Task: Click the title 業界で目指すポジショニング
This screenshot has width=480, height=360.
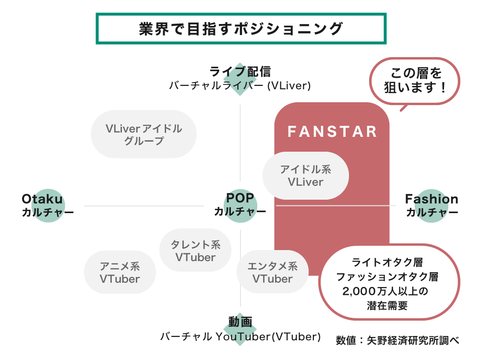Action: [x=241, y=29]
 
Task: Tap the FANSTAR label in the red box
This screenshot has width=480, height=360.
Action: [x=332, y=132]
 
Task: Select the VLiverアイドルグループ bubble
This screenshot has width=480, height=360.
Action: [x=144, y=134]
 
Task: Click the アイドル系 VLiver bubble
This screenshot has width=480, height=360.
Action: [x=306, y=176]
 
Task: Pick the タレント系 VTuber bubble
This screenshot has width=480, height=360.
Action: [x=195, y=251]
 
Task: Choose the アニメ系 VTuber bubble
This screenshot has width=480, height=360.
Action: [x=120, y=272]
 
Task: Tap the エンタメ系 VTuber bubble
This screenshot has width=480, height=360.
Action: [x=272, y=272]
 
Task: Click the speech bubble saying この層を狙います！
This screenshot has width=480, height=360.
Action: [x=416, y=80]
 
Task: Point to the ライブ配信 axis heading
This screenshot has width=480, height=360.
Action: [x=240, y=72]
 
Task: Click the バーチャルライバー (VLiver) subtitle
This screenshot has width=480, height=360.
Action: [x=240, y=86]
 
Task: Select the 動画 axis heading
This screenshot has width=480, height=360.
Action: [x=240, y=322]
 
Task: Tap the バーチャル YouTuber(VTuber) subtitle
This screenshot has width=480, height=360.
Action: [x=240, y=336]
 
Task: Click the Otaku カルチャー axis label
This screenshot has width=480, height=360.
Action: [x=48, y=205]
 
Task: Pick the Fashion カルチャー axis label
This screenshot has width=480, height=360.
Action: [x=432, y=205]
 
